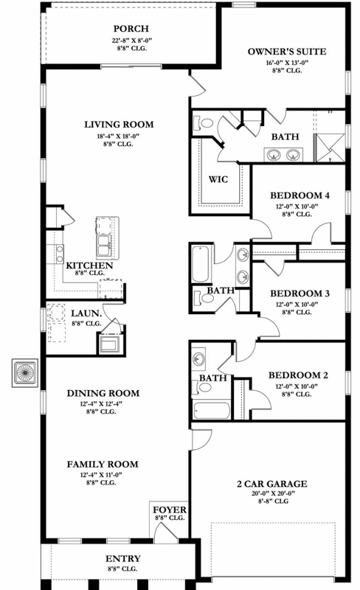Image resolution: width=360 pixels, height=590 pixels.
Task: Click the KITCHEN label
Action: (89, 265)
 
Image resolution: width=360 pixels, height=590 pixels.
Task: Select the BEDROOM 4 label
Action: (299, 195)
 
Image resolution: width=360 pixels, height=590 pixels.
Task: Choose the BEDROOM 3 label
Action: (299, 293)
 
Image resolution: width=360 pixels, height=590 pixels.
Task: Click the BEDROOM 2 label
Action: (298, 375)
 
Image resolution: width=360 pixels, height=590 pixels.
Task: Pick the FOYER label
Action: (170, 510)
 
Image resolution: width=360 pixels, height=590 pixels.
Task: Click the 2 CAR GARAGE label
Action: (272, 484)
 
